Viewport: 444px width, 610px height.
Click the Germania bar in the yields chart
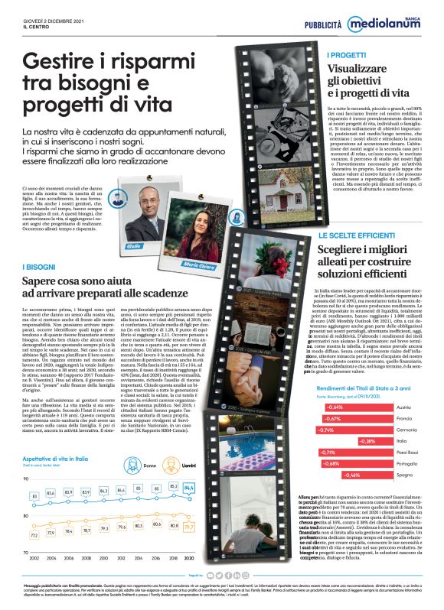point(338,430)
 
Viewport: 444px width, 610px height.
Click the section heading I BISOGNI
point(38,267)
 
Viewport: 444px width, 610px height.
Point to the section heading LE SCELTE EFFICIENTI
point(357,237)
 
